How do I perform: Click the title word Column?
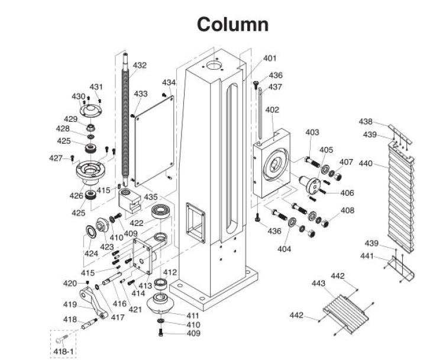tap(232, 24)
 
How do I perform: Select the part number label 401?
tap(270, 59)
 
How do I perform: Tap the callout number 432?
tap(140, 66)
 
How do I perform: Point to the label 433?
tap(141, 94)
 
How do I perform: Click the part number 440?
tap(366, 163)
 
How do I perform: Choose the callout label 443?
tap(319, 284)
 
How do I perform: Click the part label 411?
tap(193, 316)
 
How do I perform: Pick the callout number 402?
tap(272, 110)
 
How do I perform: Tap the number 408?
tap(348, 210)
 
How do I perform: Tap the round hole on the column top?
tap(212, 63)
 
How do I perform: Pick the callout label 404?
tap(285, 249)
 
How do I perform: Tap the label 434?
tap(169, 82)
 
